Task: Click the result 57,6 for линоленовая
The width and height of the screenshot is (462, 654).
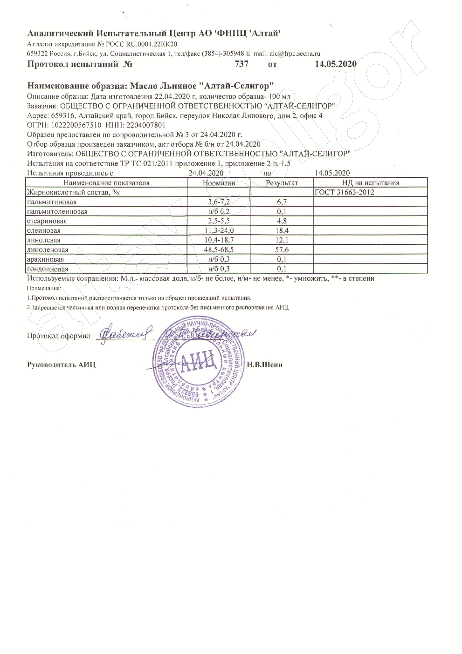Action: [281, 249]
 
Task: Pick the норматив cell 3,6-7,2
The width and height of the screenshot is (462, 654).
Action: [219, 202]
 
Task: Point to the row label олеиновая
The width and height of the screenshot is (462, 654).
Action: [44, 230]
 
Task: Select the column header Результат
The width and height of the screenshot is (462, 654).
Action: [282, 183]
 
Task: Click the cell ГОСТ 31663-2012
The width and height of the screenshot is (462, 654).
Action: [345, 192]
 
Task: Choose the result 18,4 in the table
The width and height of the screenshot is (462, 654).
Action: [281, 230]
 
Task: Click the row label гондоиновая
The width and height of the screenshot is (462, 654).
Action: [48, 269]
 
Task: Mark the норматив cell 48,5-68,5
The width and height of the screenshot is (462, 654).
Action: [219, 249]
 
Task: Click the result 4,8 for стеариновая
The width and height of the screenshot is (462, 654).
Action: [281, 221]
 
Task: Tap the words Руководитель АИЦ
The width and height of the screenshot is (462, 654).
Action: [61, 364]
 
